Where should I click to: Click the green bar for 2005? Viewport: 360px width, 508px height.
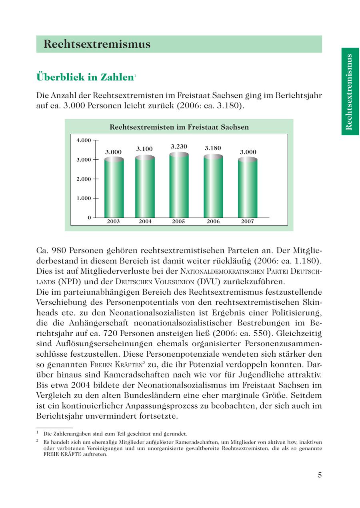179,186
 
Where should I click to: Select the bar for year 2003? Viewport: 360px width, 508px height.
114,188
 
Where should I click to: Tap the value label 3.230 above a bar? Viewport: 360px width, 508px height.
179,147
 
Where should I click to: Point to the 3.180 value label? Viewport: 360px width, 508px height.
213,148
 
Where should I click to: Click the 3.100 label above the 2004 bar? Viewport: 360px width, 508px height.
144,149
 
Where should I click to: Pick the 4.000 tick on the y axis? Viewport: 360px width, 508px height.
84,140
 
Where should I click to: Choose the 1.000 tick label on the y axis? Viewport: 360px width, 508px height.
84,198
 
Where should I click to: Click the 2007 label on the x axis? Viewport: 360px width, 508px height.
247,221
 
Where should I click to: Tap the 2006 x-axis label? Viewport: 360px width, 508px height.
213,221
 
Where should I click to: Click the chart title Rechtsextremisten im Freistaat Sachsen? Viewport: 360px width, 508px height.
179,127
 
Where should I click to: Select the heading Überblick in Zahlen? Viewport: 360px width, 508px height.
84,77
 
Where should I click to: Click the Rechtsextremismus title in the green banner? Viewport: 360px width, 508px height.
97,44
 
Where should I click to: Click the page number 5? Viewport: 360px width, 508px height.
320,475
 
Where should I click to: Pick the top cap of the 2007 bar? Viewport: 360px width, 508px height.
248,159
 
